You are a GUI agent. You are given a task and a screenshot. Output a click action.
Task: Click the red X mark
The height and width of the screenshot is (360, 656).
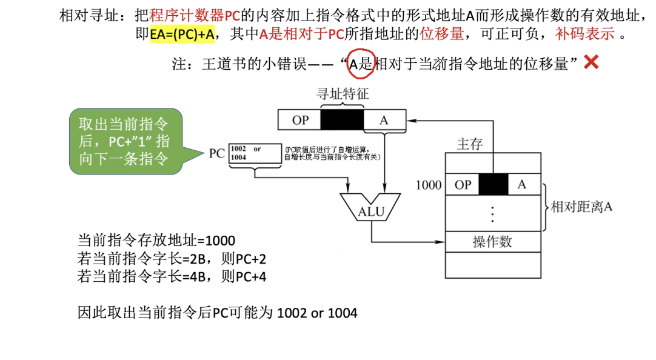[591, 62]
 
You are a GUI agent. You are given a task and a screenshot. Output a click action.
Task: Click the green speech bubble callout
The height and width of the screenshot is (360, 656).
[126, 142]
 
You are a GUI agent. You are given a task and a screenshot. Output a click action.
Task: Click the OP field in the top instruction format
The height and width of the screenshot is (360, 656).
[300, 120]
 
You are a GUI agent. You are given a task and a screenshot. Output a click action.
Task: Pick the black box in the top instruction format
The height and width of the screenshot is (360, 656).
[342, 120]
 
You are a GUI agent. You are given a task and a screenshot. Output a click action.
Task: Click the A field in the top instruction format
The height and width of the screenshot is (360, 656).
[384, 120]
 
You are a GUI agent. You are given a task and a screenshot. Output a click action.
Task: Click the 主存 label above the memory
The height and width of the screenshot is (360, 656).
[469, 144]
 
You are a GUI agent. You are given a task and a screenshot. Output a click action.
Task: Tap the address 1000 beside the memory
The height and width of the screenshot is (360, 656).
[429, 185]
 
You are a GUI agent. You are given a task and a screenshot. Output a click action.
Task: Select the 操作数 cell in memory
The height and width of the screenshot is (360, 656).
[492, 241]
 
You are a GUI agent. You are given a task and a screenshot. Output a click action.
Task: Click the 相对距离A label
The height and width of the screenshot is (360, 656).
[581, 207]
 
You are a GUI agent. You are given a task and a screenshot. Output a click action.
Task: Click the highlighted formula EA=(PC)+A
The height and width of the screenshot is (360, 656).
[182, 34]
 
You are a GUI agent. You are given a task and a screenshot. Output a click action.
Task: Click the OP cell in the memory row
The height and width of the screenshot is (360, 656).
[463, 185]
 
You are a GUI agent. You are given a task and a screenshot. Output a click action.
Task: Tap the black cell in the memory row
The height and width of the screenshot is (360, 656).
[492, 185]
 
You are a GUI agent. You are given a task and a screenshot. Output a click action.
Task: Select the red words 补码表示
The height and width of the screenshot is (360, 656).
[584, 34]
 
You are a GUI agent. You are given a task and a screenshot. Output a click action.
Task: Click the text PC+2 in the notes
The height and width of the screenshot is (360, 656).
[252, 259]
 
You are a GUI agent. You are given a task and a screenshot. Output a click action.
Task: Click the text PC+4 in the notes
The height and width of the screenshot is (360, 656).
[252, 277]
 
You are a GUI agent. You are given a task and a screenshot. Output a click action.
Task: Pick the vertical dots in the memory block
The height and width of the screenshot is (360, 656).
[492, 213]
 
